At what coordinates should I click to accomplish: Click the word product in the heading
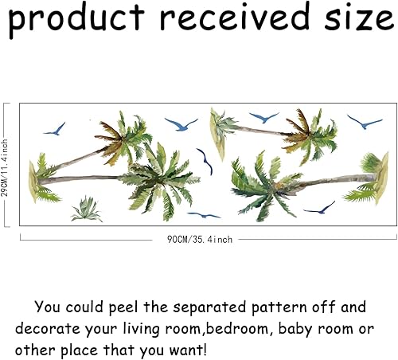point(76,18)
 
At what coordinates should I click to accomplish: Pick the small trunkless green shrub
point(86,209)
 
